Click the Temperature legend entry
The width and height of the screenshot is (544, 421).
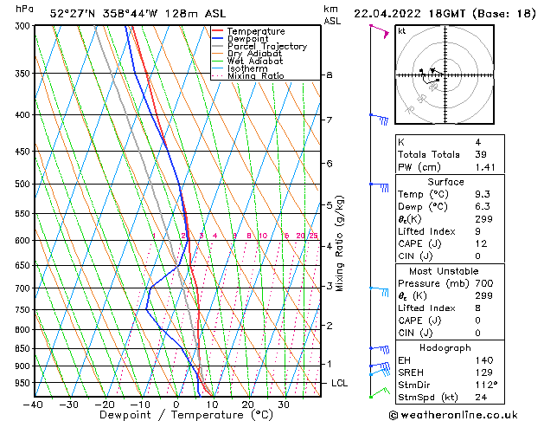[257, 31]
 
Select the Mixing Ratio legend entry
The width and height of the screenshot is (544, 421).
[256, 76]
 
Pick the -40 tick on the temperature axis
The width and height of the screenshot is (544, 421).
[34, 405]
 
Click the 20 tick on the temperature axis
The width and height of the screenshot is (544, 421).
[247, 405]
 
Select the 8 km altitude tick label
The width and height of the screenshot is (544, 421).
[330, 75]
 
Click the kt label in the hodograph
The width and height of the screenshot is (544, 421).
[402, 31]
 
